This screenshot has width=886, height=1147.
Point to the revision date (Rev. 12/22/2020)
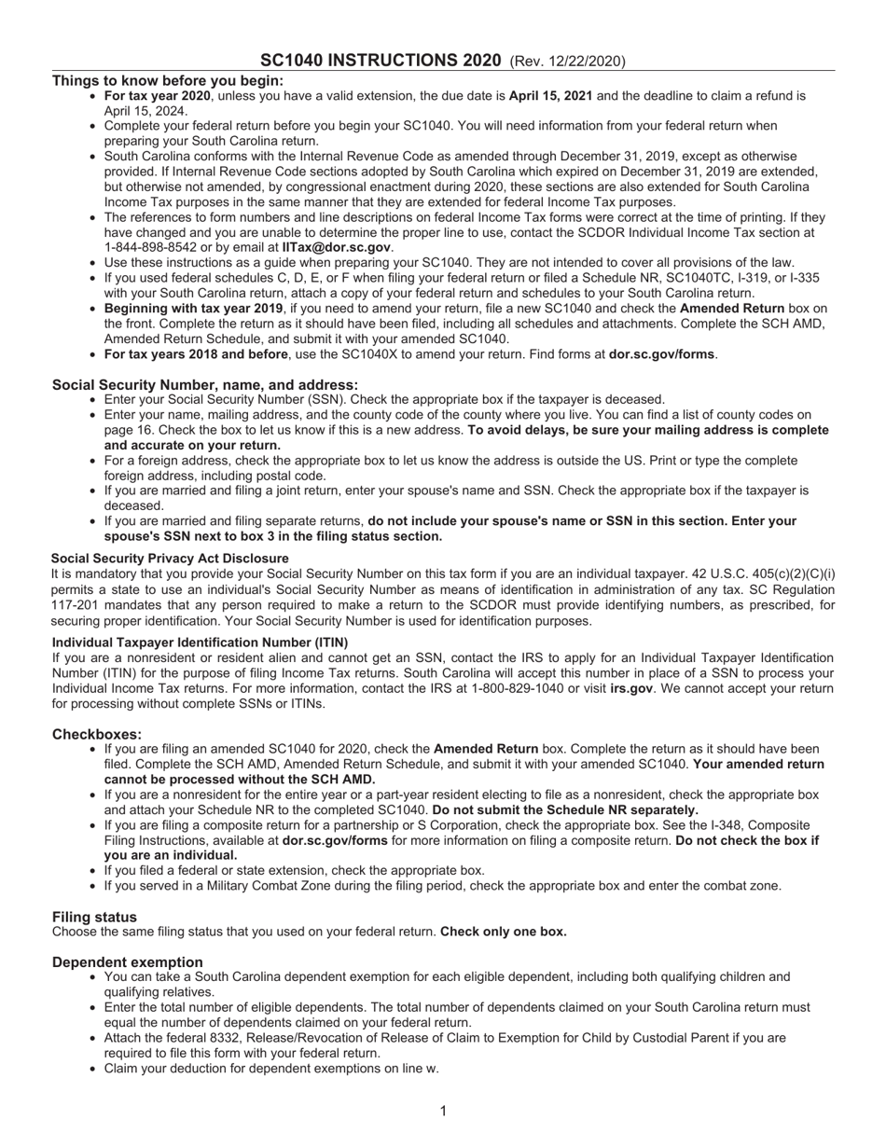(x=567, y=62)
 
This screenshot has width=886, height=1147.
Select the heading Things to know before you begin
(x=168, y=81)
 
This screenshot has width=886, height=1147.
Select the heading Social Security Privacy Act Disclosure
(x=170, y=559)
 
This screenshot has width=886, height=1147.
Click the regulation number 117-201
(x=76, y=605)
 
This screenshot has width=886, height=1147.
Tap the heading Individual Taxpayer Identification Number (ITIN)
(x=200, y=643)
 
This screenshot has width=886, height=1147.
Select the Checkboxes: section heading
(x=97, y=735)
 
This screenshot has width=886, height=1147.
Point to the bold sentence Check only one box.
(x=503, y=932)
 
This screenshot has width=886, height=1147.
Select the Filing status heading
(x=94, y=917)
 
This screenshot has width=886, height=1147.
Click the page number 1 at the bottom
(x=443, y=1111)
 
